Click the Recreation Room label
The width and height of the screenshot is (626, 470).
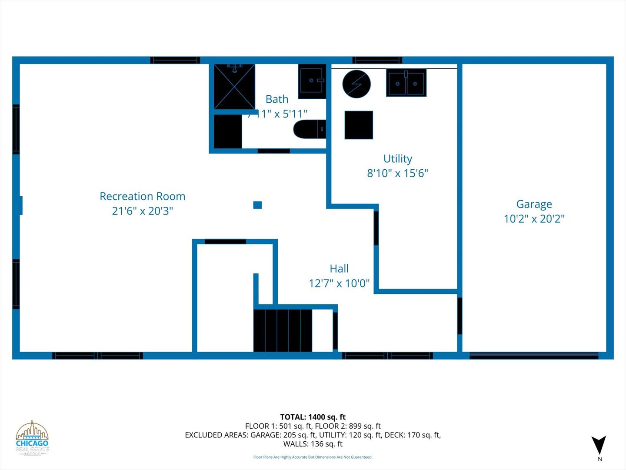(x=143, y=196)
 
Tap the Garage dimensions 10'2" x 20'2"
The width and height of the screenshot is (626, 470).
(x=534, y=218)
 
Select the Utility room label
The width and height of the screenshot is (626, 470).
(x=397, y=158)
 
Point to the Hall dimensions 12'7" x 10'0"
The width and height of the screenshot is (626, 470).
(x=339, y=283)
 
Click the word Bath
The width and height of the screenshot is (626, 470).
(x=277, y=99)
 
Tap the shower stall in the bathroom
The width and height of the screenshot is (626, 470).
(x=234, y=86)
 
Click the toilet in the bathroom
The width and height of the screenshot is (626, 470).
(x=309, y=129)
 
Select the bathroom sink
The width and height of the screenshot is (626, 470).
(x=312, y=81)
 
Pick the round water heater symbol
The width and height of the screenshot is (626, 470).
(x=356, y=84)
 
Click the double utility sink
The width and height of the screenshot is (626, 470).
(x=406, y=83)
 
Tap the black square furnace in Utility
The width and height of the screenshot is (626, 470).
(x=359, y=125)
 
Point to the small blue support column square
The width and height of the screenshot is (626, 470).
(x=257, y=205)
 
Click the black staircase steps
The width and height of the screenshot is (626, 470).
(x=283, y=330)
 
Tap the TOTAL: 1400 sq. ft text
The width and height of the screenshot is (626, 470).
(x=313, y=417)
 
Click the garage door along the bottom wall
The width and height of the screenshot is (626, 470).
(x=534, y=356)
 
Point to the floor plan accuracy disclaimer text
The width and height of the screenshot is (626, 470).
(x=313, y=457)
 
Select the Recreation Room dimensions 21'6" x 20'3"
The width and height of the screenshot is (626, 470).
(x=143, y=211)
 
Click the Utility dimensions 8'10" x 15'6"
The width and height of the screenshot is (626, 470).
(x=397, y=173)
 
